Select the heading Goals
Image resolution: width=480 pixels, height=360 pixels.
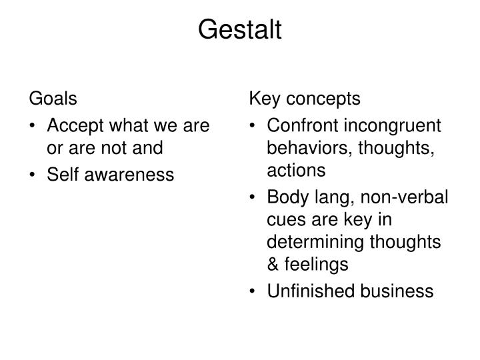click(53, 99)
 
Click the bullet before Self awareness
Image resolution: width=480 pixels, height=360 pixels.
click(33, 175)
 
